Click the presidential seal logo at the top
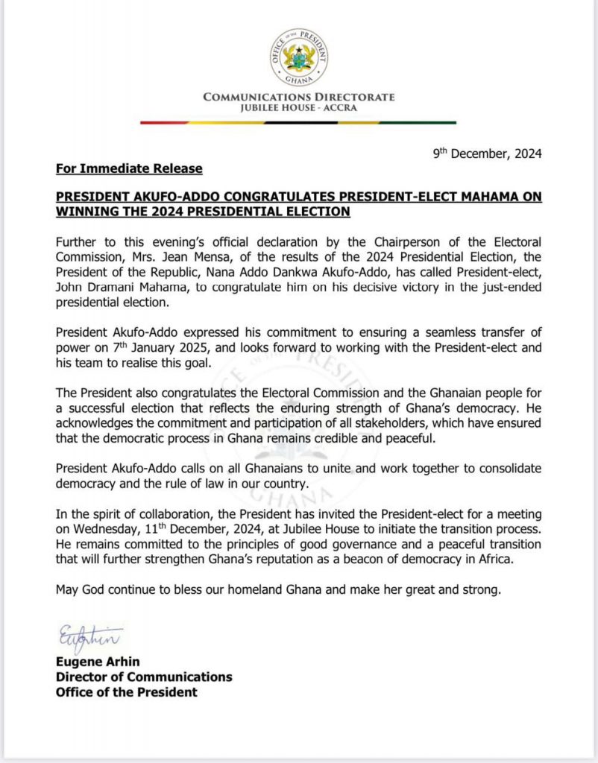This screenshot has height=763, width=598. (298, 57)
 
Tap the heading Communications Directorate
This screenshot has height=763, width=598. (299, 98)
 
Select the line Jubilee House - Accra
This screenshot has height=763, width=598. (299, 108)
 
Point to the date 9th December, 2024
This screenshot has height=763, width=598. (488, 154)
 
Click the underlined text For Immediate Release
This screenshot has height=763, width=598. (129, 168)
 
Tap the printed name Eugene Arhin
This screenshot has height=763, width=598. (98, 662)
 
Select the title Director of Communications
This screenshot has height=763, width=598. (144, 677)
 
